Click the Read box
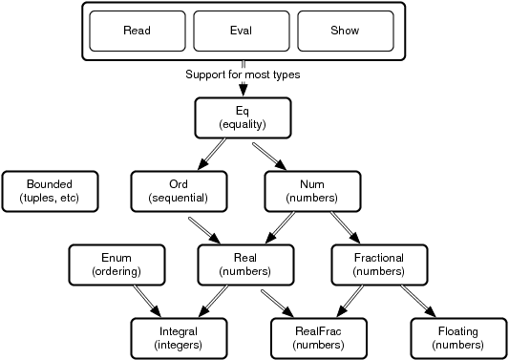[137, 31]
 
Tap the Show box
[345, 31]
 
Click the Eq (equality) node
[242, 116]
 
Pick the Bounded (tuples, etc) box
[50, 191]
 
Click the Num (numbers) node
[311, 191]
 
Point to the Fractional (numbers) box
[379, 265]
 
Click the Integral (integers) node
[179, 338]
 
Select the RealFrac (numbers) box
[318, 338]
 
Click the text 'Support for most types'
[243, 74]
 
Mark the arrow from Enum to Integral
[145, 301]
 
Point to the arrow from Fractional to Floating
[418, 301]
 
